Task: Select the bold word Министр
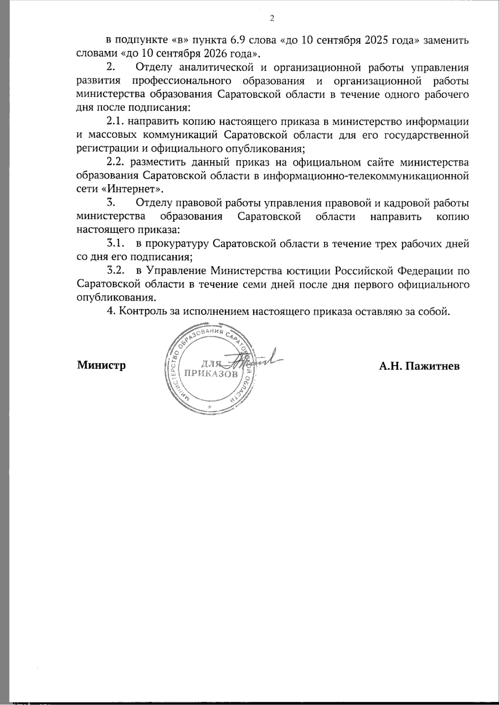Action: [101, 366]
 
